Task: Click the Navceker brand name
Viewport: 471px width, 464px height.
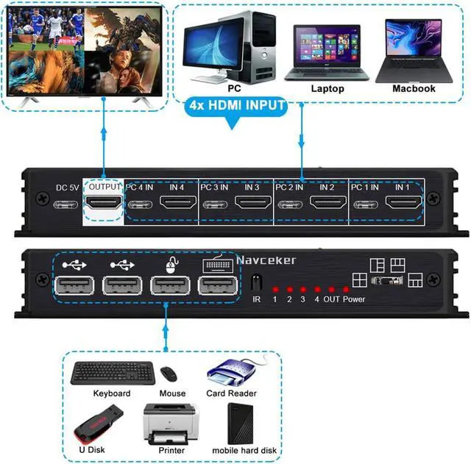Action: (x=266, y=260)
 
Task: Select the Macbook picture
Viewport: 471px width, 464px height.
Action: (x=412, y=50)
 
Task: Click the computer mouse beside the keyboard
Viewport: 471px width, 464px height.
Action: (x=169, y=374)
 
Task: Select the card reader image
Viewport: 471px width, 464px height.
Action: (x=233, y=370)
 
